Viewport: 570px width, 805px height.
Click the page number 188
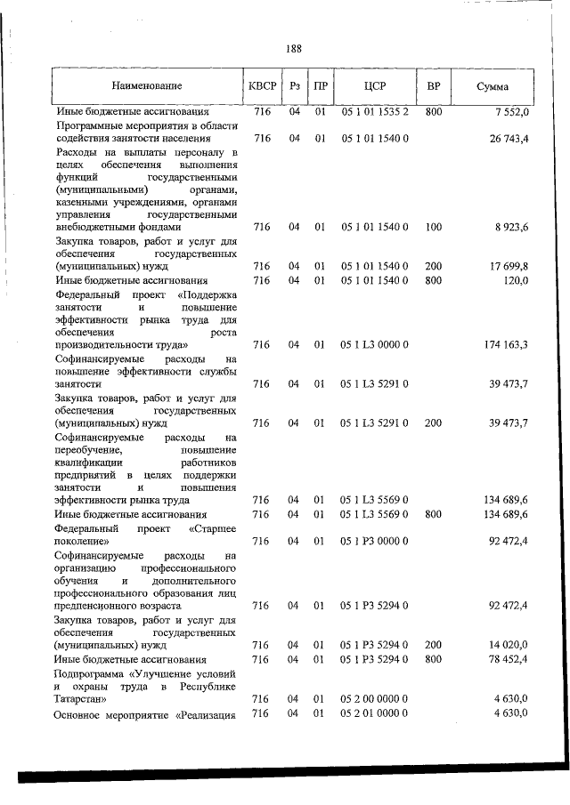[294, 49]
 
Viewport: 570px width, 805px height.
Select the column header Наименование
[147, 87]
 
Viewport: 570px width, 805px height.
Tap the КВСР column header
[261, 87]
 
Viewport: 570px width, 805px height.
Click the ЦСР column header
[374, 87]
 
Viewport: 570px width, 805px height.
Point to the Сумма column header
[493, 87]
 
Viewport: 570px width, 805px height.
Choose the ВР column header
[434, 87]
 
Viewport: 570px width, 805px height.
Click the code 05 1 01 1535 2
[375, 112]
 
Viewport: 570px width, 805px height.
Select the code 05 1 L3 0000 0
[375, 344]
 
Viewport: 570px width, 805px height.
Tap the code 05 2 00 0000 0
[375, 699]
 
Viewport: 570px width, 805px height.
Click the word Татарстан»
[80, 699]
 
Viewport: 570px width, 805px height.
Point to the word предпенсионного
[100, 606]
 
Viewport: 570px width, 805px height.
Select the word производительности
[109, 344]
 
